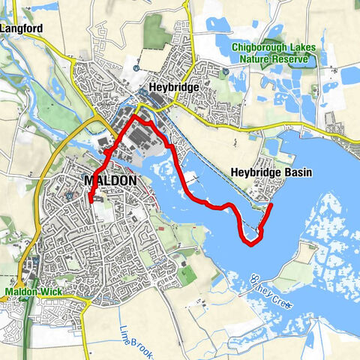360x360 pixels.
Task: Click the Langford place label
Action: pyautogui.click(x=22, y=29)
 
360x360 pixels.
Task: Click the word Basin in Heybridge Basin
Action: pyautogui.click(x=295, y=172)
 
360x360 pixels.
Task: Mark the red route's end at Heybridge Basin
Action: pyautogui.click(x=270, y=204)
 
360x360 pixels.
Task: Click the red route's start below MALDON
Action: pyautogui.click(x=90, y=200)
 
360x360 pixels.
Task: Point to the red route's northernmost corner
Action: pyautogui.click(x=135, y=118)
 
